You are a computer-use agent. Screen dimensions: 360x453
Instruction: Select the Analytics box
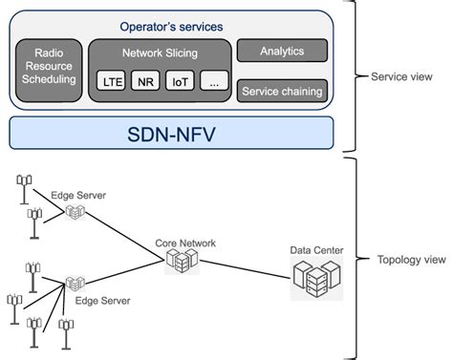pyautogui.click(x=281, y=50)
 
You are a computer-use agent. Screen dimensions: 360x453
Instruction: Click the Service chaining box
pyautogui.click(x=281, y=92)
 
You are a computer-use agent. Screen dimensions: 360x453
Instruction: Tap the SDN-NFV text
pyautogui.click(x=172, y=133)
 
